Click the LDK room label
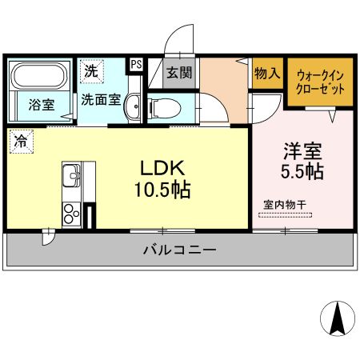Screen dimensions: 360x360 pos(164,170)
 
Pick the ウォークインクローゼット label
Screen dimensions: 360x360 pos(320,81)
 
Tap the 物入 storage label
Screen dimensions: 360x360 pos(267,74)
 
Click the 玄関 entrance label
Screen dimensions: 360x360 pos(178,73)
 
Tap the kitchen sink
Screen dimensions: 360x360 pos(70,174)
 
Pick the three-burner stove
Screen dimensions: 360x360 pos(71,213)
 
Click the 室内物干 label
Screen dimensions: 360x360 pos(286,204)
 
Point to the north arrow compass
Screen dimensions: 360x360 pos(337,320)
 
